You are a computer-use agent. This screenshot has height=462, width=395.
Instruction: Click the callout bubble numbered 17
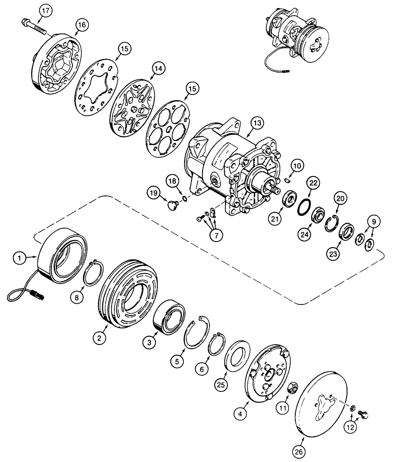click(x=44, y=10)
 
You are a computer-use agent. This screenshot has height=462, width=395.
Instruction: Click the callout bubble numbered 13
click(x=256, y=123)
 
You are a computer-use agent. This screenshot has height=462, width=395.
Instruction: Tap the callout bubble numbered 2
click(x=98, y=339)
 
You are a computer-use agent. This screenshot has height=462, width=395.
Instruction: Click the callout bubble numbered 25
click(x=221, y=384)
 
